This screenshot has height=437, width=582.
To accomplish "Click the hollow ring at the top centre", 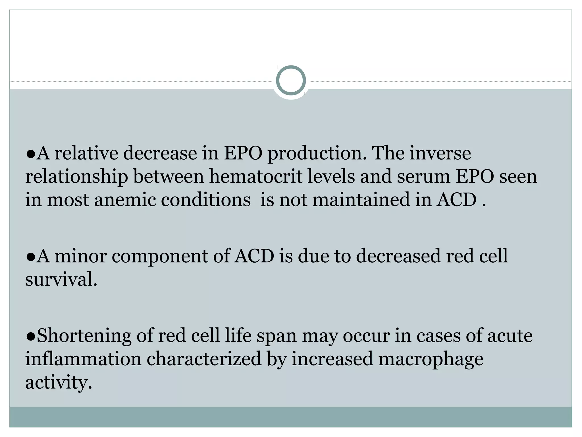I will (291, 81).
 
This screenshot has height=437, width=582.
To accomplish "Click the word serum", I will (423, 176).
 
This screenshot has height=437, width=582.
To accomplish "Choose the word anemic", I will (125, 199).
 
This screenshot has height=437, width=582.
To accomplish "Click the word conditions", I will (206, 199).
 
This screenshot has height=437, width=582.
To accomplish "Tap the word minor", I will (80, 256).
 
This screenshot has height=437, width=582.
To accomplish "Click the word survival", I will (61, 279).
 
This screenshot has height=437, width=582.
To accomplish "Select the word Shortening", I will (84, 336).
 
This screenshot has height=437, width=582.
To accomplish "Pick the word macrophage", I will (431, 359).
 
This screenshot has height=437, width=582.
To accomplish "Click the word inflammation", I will (83, 359).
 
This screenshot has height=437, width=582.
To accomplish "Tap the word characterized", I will (204, 359).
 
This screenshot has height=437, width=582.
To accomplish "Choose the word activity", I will (59, 382).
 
